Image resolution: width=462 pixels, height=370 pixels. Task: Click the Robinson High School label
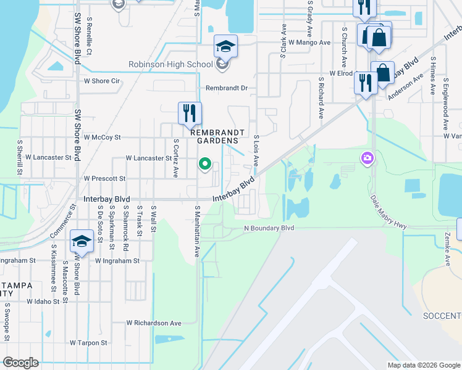tap(170, 64)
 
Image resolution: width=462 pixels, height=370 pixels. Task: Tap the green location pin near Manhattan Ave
tap(206, 164)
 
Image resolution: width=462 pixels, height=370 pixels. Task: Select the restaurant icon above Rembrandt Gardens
tap(190, 113)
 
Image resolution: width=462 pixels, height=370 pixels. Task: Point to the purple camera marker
tap(367, 159)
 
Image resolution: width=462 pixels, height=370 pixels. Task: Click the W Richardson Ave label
tap(154, 323)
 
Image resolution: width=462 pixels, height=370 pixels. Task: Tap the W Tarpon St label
tap(88, 342)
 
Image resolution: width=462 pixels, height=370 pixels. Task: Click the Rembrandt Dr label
tap(227, 88)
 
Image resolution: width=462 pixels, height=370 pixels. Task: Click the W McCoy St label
tap(102, 137)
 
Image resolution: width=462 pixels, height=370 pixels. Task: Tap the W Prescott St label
tap(104, 178)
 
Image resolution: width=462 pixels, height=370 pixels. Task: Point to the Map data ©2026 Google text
tap(424, 365)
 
